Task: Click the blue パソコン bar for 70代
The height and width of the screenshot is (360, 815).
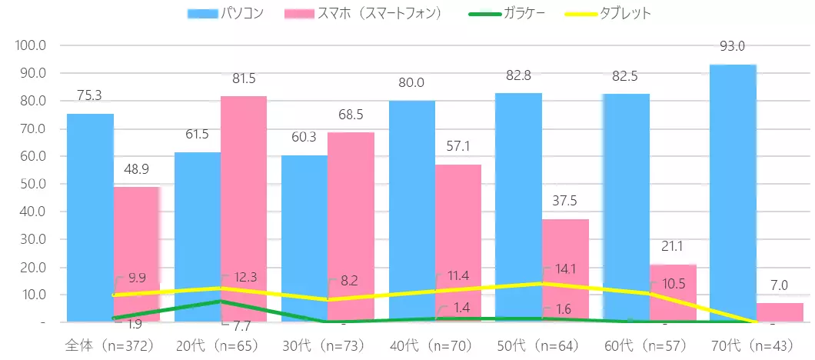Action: (x=733, y=192)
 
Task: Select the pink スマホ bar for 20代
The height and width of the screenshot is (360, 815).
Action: (x=244, y=208)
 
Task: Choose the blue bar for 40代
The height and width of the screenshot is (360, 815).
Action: (x=411, y=211)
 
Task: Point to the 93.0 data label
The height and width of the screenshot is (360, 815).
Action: (x=732, y=47)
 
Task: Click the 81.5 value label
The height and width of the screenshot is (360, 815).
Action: (x=244, y=78)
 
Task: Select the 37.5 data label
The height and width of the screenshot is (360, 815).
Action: (x=565, y=201)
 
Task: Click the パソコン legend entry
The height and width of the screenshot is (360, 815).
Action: (x=227, y=14)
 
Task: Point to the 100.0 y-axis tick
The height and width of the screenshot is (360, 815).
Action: (x=31, y=45)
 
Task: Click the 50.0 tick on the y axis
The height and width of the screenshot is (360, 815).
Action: (x=32, y=184)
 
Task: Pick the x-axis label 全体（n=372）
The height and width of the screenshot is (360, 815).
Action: (x=111, y=346)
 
